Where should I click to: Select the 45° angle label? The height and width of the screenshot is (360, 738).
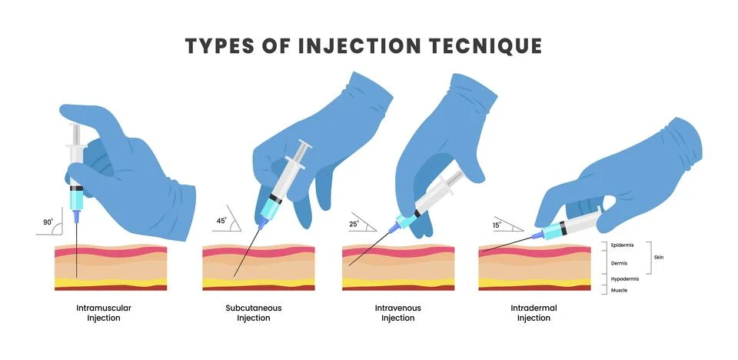coord(221,221)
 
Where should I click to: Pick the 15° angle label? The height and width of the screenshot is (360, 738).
coord(497,224)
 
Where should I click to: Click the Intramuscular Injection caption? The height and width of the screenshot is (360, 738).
coord(104,312)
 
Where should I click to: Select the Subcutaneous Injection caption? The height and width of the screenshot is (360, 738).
coord(253,312)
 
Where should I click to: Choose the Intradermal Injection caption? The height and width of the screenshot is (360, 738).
coord(534,312)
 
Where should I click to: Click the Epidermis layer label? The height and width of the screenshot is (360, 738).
coord(622,246)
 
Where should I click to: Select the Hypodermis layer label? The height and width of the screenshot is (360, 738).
coord(625,278)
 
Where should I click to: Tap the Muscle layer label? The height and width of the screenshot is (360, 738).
coord(618,290)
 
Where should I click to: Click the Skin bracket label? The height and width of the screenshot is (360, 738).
coord(660,257)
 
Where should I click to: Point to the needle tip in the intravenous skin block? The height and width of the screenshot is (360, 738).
coord(350,266)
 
